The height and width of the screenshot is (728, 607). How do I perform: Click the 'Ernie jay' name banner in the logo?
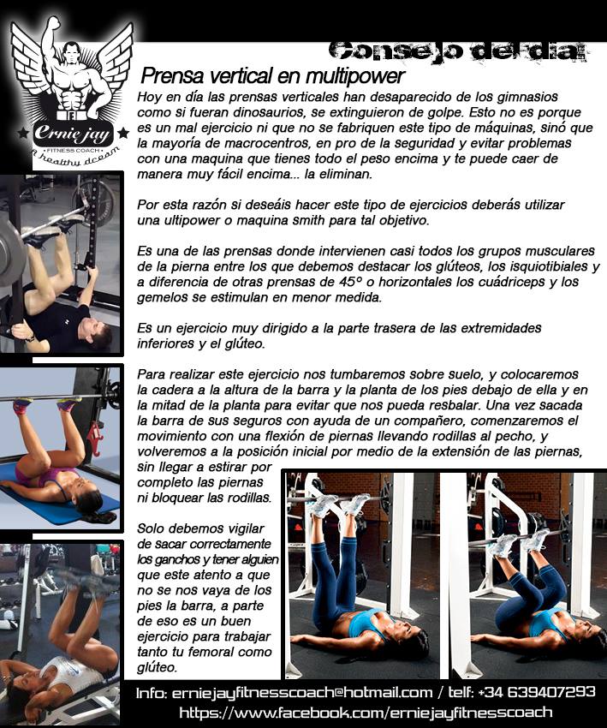tap(73, 134)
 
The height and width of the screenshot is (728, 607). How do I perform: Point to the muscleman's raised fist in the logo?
tap(53, 23)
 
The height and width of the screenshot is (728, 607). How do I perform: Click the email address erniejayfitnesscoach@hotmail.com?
tap(302, 693)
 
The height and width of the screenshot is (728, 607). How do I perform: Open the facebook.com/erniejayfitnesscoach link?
tap(366, 713)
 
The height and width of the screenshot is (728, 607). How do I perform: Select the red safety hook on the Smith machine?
tap(93, 438)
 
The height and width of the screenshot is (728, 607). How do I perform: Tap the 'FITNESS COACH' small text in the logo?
tap(73, 151)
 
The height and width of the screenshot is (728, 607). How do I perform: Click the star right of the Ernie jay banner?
tap(123, 134)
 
